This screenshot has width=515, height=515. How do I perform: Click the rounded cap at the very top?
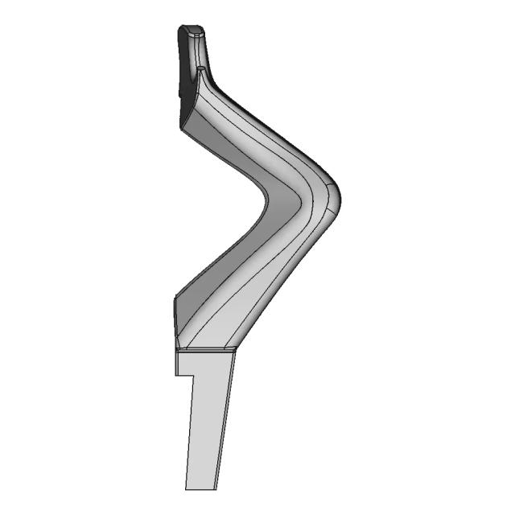[x=191, y=31]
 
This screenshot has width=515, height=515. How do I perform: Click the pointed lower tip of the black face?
[x=181, y=126]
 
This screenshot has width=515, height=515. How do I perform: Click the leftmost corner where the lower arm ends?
[x=174, y=298]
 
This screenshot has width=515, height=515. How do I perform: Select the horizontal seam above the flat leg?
[x=205, y=349]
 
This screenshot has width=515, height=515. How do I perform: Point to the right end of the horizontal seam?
[x=237, y=348]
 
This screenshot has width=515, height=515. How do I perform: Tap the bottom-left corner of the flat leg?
[x=186, y=489]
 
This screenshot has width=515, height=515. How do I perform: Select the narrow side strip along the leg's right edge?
[x=226, y=418]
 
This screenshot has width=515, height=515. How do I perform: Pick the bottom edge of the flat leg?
[x=201, y=489]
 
